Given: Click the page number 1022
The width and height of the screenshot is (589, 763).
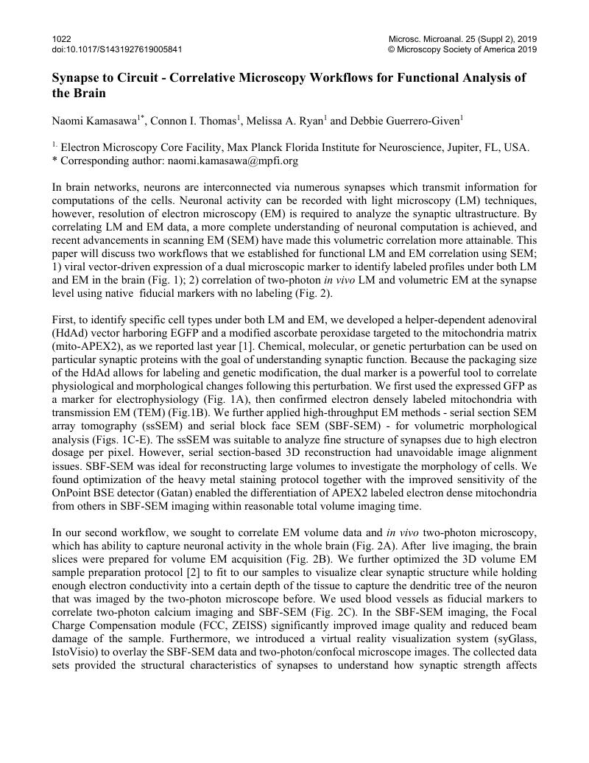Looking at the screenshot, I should point(62,38).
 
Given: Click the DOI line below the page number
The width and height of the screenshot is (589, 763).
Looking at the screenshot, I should point(117,49).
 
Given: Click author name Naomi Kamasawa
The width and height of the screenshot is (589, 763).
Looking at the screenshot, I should point(96,121).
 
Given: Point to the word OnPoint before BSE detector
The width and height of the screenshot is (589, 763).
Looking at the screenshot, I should point(74,493).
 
